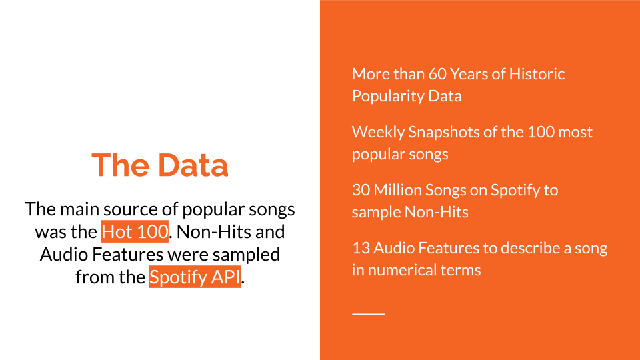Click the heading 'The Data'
click(159, 165)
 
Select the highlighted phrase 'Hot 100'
click(135, 231)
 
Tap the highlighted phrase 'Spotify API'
click(195, 277)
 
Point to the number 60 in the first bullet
click(437, 74)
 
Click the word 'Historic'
click(537, 74)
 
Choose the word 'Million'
click(397, 190)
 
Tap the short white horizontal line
click(369, 314)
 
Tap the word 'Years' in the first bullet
click(469, 74)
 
